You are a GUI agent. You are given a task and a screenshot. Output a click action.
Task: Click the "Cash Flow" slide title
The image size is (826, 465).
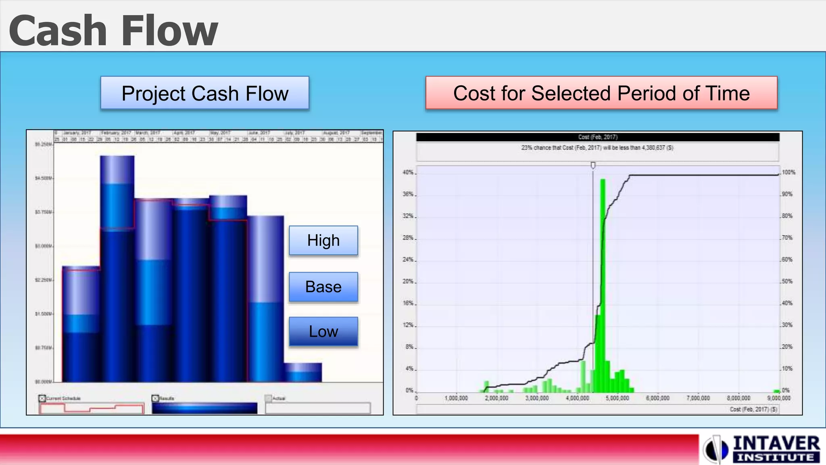[113, 31]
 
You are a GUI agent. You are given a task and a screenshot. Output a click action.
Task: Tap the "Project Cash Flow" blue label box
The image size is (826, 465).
[205, 93]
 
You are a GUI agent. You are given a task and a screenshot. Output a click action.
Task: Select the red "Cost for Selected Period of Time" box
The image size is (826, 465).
[601, 93]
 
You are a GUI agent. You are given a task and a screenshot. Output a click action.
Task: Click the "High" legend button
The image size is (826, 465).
[323, 241]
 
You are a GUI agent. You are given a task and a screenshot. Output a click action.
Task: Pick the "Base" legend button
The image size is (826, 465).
[323, 287]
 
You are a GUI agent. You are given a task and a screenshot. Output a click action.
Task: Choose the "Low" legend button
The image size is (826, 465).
[323, 331]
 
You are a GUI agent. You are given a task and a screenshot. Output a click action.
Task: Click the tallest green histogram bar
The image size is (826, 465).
[603, 283]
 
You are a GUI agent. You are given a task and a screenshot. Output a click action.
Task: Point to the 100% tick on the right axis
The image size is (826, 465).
[788, 172]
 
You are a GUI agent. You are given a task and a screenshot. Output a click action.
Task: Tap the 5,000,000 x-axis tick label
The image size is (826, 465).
[617, 398]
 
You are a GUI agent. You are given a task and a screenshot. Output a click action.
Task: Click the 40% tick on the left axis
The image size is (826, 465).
[408, 172]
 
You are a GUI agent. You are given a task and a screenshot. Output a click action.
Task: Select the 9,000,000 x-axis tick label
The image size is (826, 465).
[779, 398]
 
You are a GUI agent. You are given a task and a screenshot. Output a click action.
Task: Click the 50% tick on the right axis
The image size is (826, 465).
[787, 281]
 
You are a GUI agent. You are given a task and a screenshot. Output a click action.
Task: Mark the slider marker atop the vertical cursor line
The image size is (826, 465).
[593, 165]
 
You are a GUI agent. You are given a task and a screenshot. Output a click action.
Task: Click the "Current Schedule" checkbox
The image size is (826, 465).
[42, 398]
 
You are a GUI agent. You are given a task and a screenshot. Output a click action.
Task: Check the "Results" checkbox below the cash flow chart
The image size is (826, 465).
[155, 398]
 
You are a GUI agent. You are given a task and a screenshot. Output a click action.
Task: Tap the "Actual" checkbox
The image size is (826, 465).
[268, 398]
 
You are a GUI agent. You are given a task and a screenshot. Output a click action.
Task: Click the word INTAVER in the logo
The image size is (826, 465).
[776, 444]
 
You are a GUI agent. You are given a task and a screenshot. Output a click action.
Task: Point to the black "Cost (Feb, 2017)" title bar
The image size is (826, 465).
[598, 137]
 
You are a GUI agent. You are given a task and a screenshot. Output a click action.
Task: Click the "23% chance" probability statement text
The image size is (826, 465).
[597, 148]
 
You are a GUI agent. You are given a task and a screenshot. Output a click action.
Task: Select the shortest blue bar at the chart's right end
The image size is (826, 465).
[303, 372]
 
